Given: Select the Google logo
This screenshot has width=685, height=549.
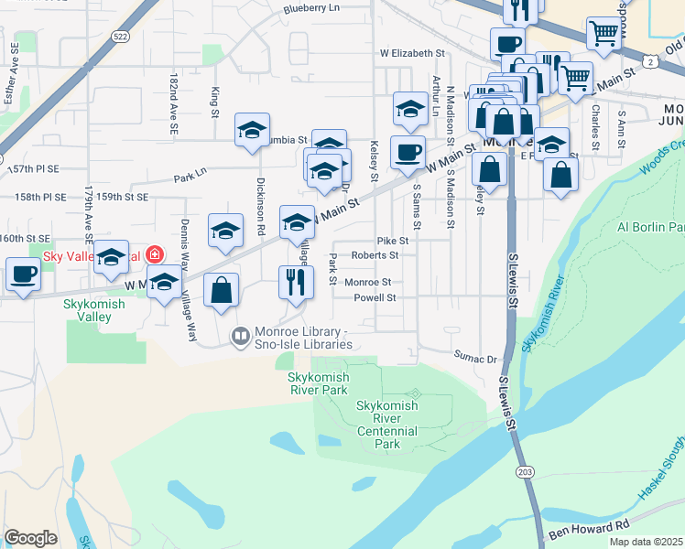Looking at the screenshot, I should pos(30,538).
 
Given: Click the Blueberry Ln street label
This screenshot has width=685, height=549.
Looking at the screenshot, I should pos(311,8).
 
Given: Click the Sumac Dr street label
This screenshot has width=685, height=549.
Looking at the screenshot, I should pos(474,360).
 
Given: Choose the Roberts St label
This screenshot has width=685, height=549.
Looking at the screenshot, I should pos(375,256).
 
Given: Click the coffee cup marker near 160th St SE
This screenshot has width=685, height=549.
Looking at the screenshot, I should pos(22,274).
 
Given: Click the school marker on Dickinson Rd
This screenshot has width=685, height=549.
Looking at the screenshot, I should pos(251,129).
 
